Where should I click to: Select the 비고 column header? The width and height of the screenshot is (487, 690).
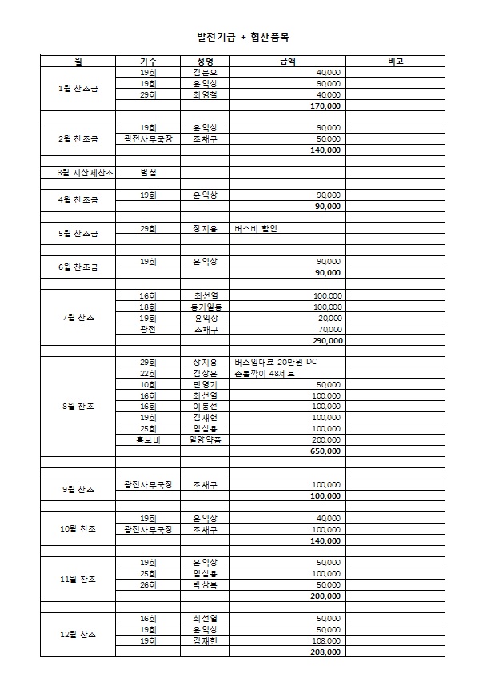point(394,61)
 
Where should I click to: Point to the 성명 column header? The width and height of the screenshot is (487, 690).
point(204,61)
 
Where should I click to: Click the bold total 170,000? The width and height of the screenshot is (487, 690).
point(325,106)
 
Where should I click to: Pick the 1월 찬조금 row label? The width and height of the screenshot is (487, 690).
point(78,88)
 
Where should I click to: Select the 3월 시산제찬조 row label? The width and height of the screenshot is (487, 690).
point(78,172)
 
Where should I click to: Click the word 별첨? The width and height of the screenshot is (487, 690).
point(148,172)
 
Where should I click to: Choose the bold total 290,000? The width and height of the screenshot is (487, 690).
point(327,340)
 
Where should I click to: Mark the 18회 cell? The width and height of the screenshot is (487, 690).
point(148,307)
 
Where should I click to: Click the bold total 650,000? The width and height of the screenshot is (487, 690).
point(325,451)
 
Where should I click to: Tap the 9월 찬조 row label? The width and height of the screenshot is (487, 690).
point(78,490)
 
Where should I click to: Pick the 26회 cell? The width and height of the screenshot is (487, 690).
point(148,585)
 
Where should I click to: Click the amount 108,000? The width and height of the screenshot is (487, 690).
point(327,641)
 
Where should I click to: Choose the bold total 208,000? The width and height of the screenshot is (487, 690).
point(325,652)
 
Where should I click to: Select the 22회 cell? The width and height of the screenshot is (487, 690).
point(148,374)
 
